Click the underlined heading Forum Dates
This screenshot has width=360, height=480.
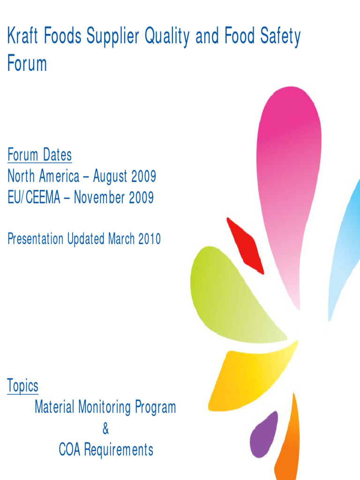coord(39,155)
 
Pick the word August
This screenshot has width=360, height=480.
coord(110,177)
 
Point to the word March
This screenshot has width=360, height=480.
coord(121,239)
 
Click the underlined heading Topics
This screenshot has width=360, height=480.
coord(23,387)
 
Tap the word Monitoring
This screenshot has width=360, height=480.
coord(105,407)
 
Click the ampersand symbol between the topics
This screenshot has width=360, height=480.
coord(105,428)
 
